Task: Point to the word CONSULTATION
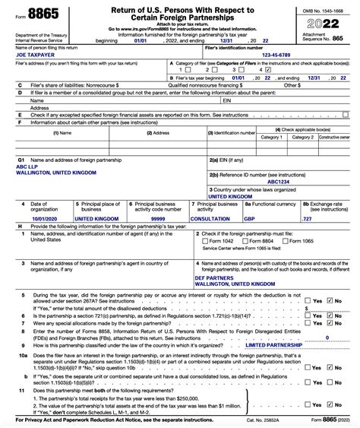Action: (214, 218)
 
